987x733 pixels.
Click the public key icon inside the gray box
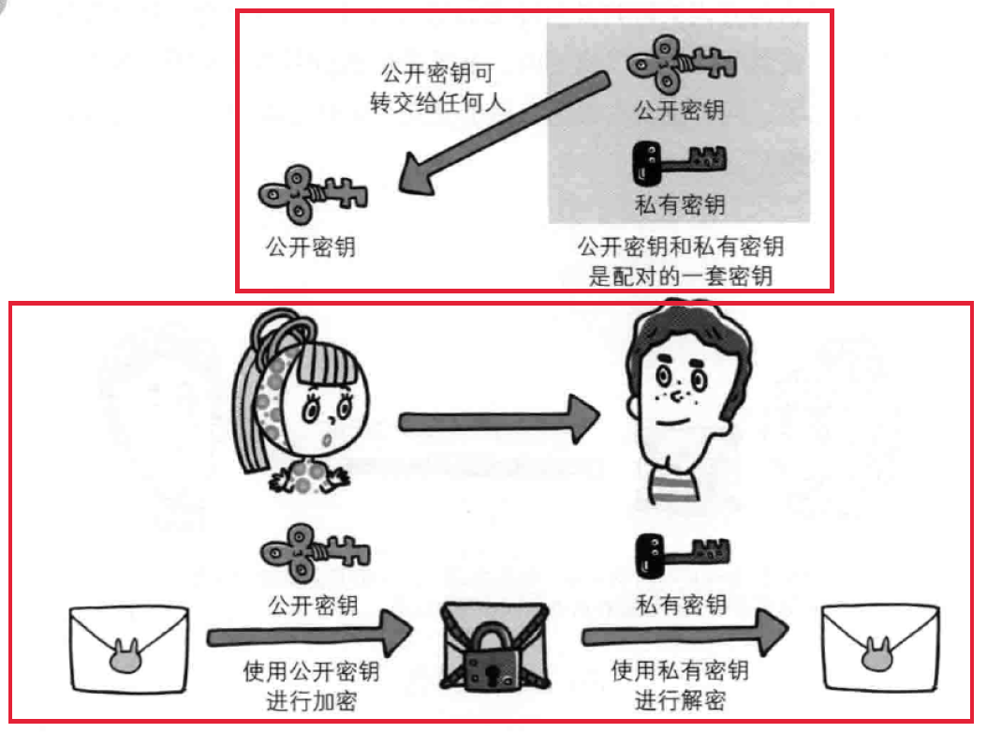coord(680,66)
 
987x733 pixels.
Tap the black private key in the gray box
coord(680,161)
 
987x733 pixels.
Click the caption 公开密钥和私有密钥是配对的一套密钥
coord(680,262)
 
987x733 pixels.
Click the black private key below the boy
coord(682,553)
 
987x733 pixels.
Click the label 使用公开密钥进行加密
coord(312,685)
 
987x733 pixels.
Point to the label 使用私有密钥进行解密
coord(680,685)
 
